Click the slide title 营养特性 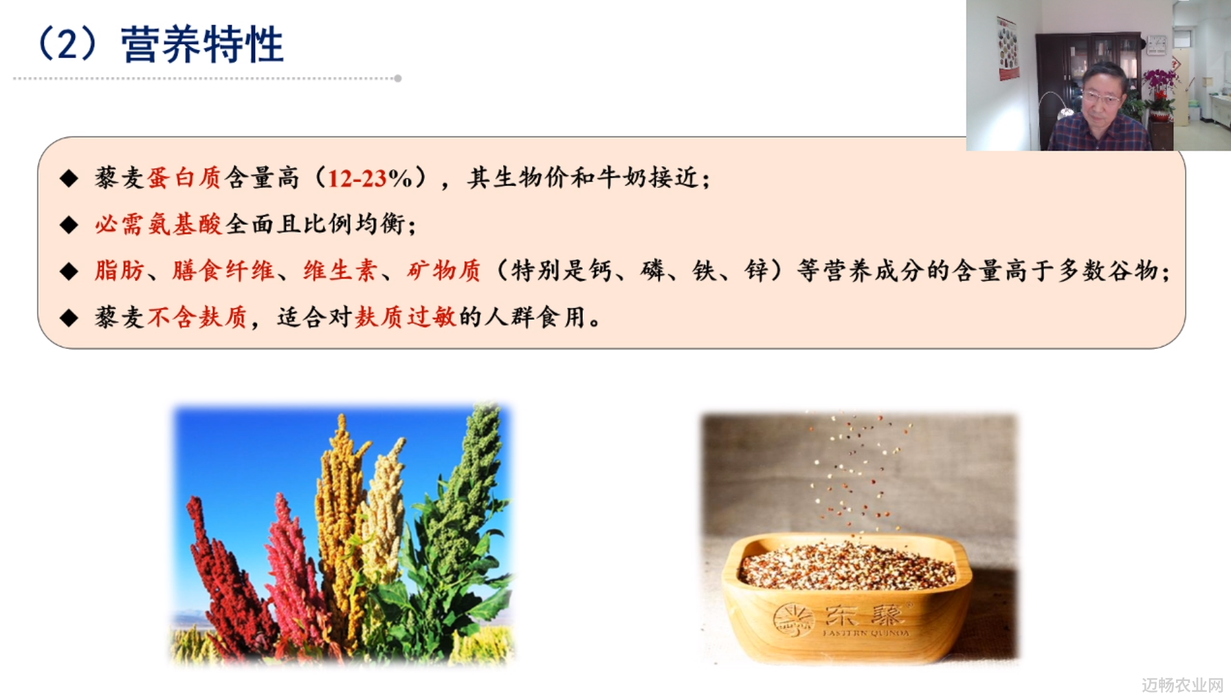(202, 45)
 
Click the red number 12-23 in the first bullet (356, 179)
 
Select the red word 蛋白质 (184, 178)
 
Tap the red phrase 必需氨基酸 (159, 224)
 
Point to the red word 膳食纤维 (223, 270)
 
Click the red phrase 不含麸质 (197, 317)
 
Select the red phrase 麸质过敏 (406, 317)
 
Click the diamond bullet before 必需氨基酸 (69, 225)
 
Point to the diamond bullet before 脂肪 (69, 271)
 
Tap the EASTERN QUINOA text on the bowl (866, 633)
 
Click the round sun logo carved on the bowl (793, 620)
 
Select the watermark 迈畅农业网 (1183, 684)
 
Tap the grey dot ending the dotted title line (398, 78)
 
